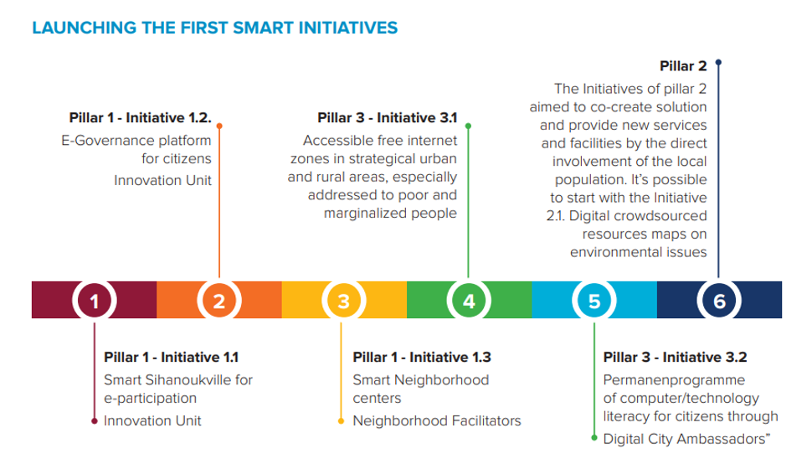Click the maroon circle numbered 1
click(95, 301)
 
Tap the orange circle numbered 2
click(219, 301)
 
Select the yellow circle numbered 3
click(344, 301)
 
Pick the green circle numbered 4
click(469, 301)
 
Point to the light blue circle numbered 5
click(594, 301)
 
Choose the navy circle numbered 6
click(719, 301)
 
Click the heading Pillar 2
click(683, 66)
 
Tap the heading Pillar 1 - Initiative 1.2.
click(141, 118)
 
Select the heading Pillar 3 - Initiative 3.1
click(388, 118)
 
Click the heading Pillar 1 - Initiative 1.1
click(171, 358)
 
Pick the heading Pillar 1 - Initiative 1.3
click(422, 358)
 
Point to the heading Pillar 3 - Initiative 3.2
click(676, 358)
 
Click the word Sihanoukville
click(188, 380)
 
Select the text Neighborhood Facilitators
click(437, 420)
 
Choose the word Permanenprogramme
click(674, 380)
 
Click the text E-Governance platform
click(136, 141)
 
